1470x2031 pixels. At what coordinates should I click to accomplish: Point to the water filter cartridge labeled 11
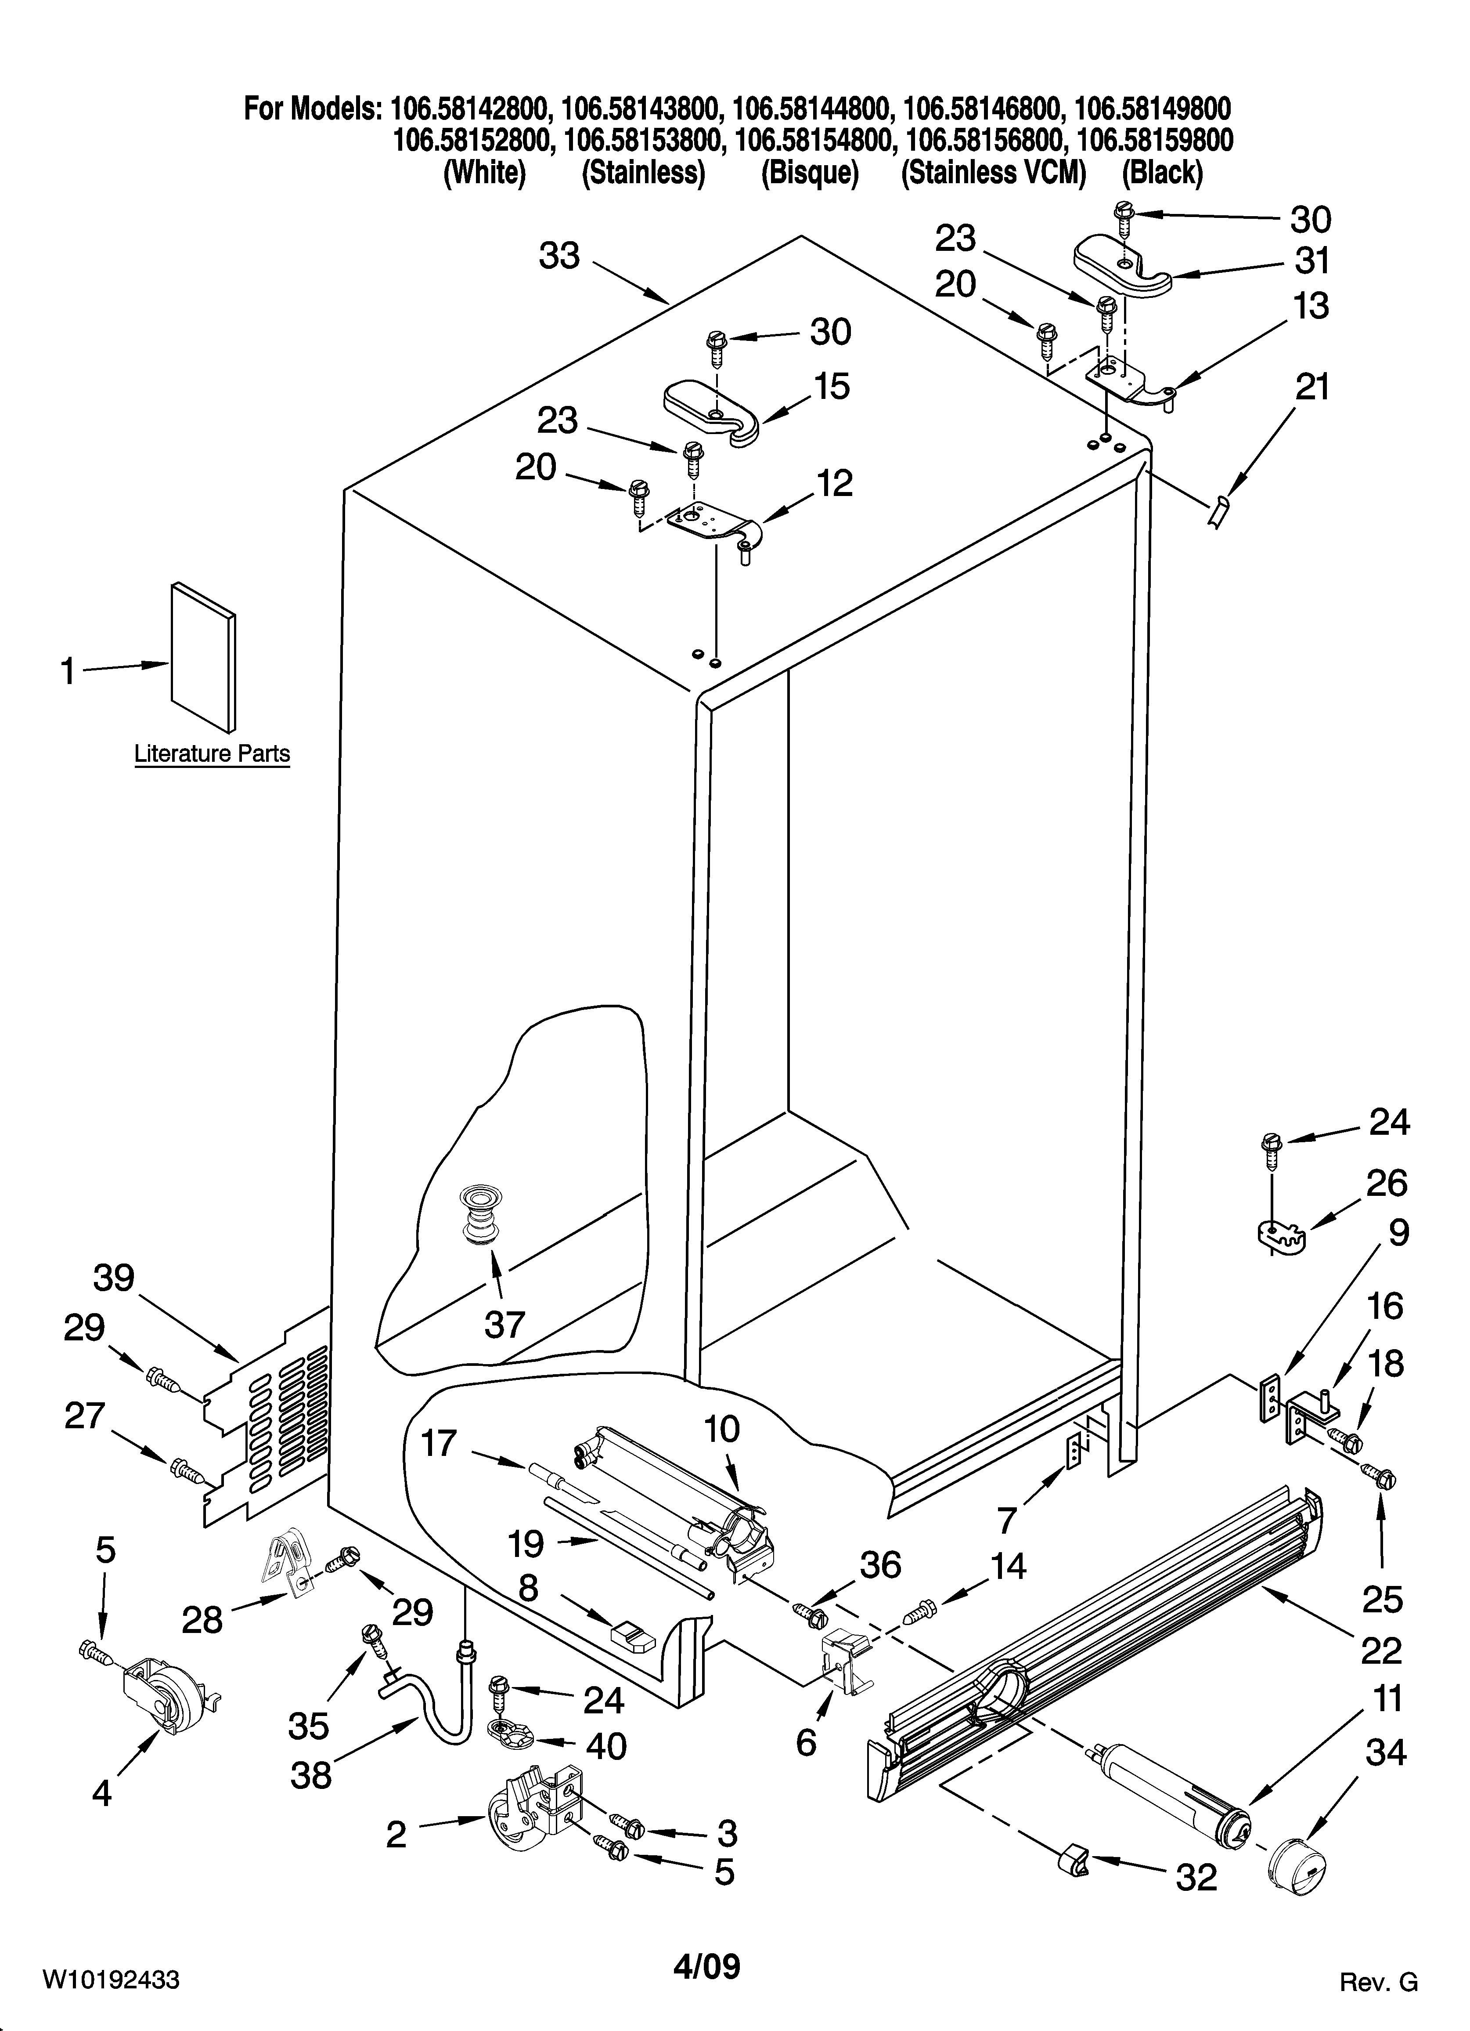point(1173,1796)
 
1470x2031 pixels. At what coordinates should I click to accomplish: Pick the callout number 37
point(504,1324)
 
